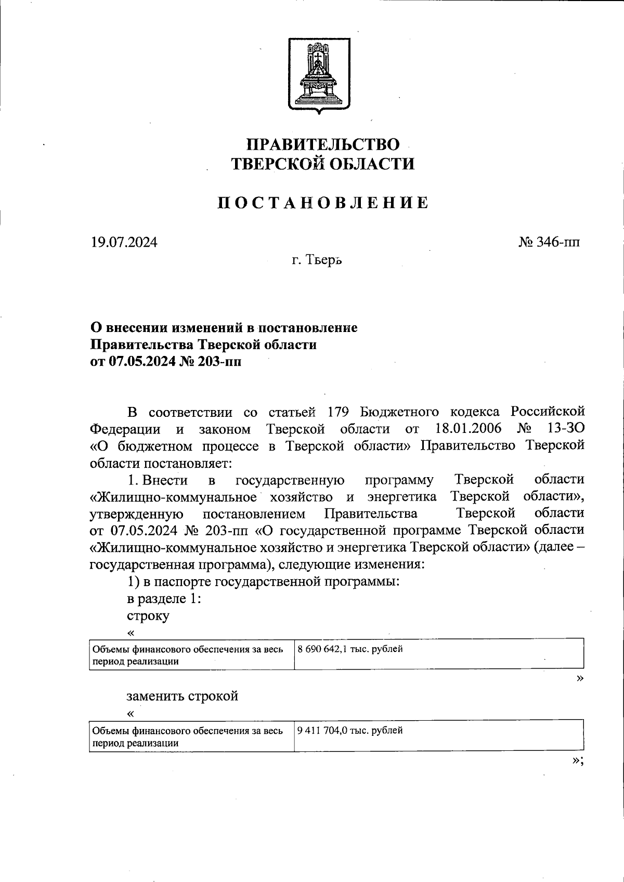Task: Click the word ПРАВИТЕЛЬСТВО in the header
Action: click(x=322, y=144)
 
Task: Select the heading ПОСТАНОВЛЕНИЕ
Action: click(x=322, y=202)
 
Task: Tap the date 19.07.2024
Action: click(x=124, y=242)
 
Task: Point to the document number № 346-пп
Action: click(x=549, y=242)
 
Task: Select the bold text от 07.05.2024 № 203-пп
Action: click(x=166, y=362)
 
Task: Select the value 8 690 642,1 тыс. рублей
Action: click(x=350, y=649)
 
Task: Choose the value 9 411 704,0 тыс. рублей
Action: click(x=350, y=730)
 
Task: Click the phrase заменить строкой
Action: click(x=182, y=696)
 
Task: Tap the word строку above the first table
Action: click(x=148, y=616)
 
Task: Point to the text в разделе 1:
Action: click(x=164, y=598)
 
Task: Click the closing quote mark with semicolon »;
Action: click(x=578, y=761)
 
